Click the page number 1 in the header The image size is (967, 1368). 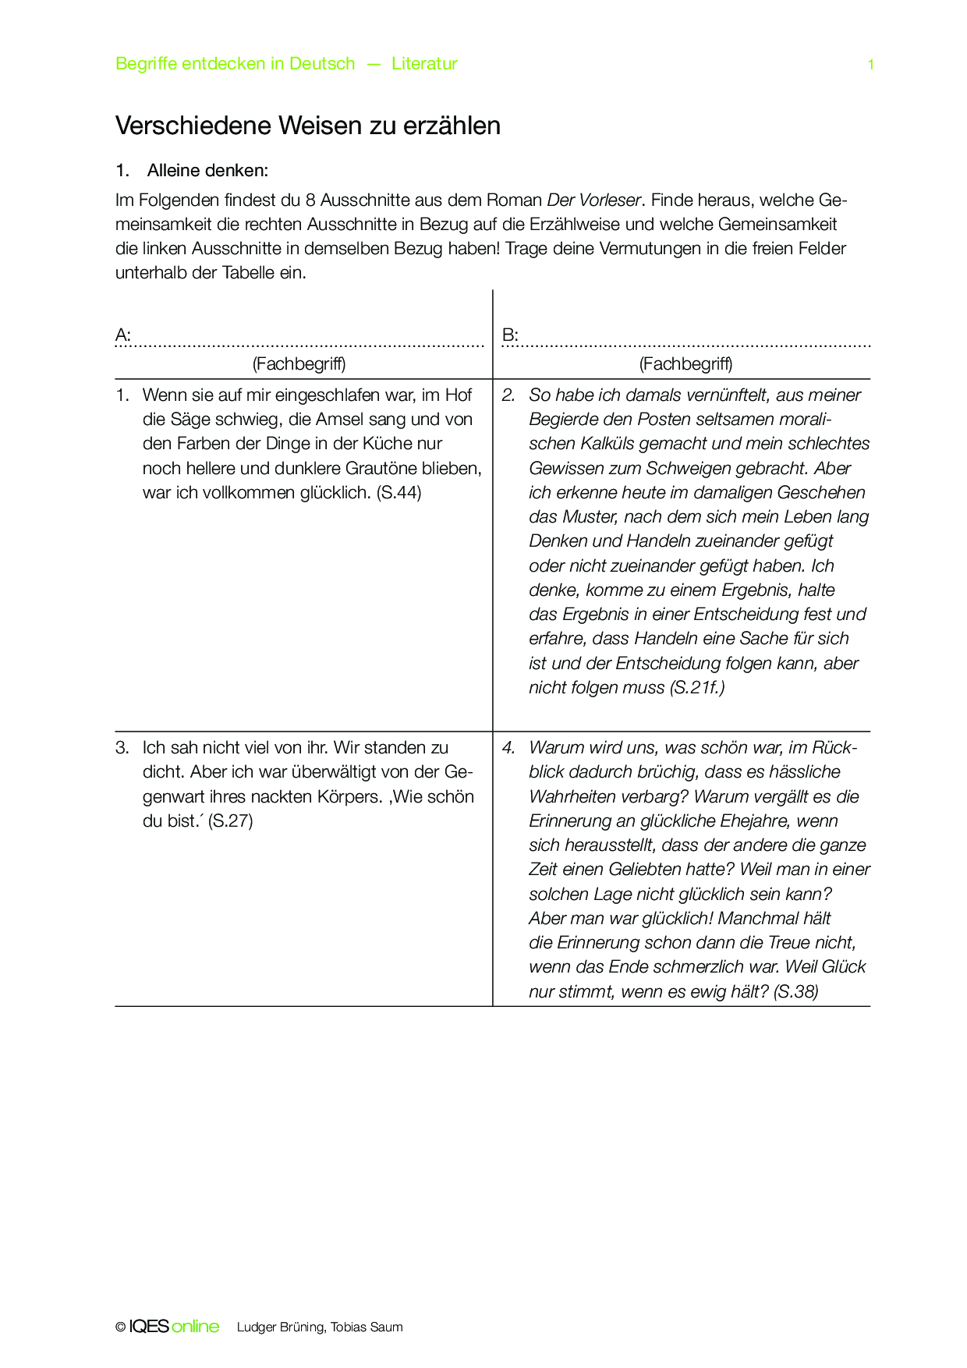tap(870, 65)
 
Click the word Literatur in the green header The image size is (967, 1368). tap(424, 64)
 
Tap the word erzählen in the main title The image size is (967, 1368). tap(452, 126)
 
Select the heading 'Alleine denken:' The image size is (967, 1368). tap(207, 170)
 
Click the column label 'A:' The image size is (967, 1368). tap(123, 335)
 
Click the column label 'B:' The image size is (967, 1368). tap(510, 335)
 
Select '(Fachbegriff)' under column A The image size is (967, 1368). tap(299, 363)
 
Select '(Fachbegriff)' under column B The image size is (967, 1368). tap(685, 363)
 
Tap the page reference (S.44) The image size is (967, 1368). tap(398, 493)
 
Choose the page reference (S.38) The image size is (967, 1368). tap(796, 992)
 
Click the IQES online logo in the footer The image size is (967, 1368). tap(174, 1327)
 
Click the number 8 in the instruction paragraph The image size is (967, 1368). tap(310, 200)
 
